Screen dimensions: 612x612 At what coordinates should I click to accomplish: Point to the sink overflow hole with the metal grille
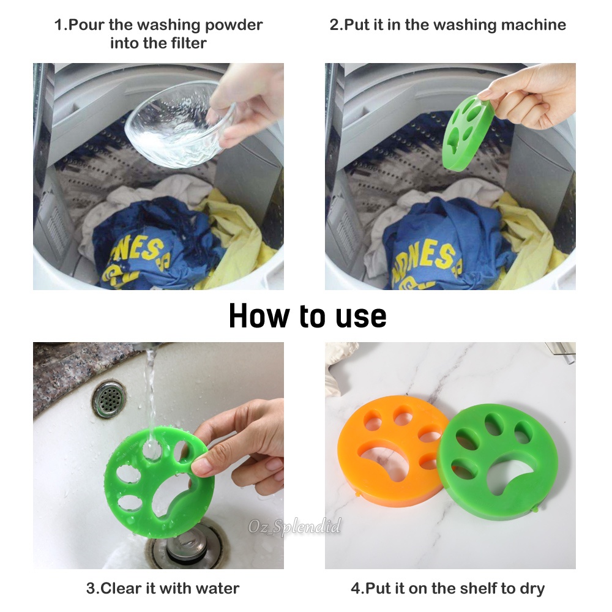(110, 398)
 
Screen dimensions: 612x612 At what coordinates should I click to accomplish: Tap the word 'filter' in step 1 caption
(186, 43)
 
